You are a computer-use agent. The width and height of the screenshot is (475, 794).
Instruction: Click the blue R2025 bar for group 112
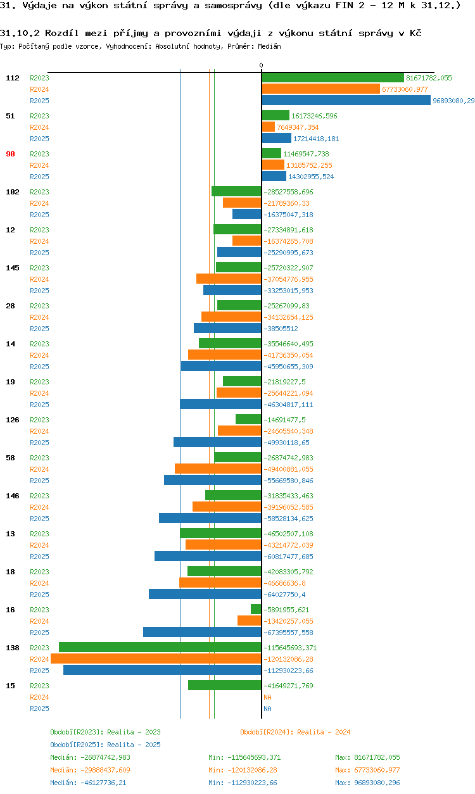[346, 101]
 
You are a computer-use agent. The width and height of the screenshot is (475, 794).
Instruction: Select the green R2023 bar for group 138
[160, 647]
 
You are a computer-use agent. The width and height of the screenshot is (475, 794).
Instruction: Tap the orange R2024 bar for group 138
[156, 659]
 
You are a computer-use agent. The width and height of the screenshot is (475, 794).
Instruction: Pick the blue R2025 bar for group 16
[202, 632]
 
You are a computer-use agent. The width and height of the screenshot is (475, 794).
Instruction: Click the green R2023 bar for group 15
[224, 685]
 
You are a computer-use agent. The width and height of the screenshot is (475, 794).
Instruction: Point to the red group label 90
[10, 154]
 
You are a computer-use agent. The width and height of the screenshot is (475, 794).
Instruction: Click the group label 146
[13, 496]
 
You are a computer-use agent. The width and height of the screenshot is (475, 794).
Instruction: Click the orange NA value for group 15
[267, 697]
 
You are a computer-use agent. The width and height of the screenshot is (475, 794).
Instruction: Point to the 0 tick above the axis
[261, 66]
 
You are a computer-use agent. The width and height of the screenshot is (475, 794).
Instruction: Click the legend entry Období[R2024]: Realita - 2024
[295, 732]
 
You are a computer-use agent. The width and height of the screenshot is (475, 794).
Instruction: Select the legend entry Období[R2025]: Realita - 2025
[105, 745]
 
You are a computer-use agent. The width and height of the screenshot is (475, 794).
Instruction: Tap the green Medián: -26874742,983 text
[90, 757]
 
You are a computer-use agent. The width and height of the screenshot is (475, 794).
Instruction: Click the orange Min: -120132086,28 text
[243, 770]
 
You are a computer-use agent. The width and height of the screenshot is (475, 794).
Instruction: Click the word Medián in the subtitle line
[269, 46]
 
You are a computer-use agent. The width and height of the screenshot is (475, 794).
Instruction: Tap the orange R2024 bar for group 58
[218, 469]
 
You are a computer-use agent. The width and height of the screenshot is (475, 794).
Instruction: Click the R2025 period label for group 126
[39, 443]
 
